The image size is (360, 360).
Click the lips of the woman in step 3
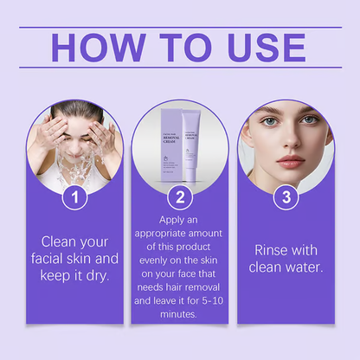pyautogui.click(x=291, y=162)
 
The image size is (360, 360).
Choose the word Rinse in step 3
pyautogui.click(x=272, y=249)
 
